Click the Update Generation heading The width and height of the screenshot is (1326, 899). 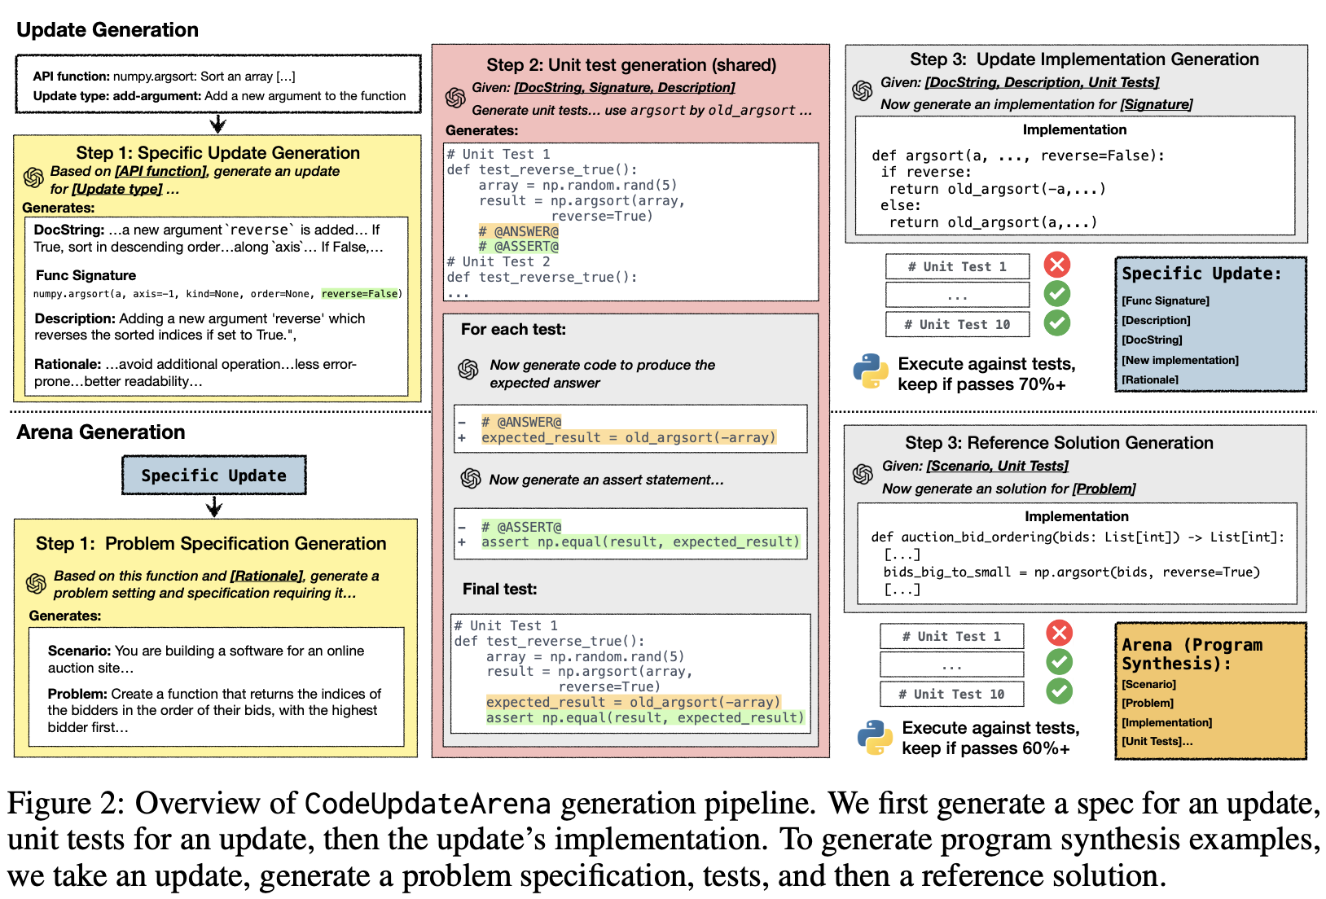(108, 30)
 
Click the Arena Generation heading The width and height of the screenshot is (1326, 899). (101, 432)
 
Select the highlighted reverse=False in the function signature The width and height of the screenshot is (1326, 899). (360, 294)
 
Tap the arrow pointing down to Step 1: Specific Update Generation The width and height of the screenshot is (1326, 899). (217, 124)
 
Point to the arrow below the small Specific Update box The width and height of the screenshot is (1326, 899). (214, 507)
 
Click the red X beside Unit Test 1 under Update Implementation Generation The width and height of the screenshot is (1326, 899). (1057, 265)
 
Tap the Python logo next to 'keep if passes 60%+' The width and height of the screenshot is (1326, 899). (875, 737)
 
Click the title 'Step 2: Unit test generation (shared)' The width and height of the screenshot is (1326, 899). (631, 65)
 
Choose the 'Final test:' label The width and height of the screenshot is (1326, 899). (499, 589)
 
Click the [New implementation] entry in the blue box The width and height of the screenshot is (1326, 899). (1179, 360)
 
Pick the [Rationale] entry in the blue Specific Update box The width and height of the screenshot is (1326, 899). (1149, 379)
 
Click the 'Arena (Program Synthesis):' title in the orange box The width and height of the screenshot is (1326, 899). (1192, 654)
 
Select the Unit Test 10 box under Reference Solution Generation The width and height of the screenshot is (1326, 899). (951, 694)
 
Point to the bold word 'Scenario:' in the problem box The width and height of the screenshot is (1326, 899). (79, 651)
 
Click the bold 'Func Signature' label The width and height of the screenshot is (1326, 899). (86, 275)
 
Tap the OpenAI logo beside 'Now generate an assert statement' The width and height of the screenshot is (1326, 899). (471, 479)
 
